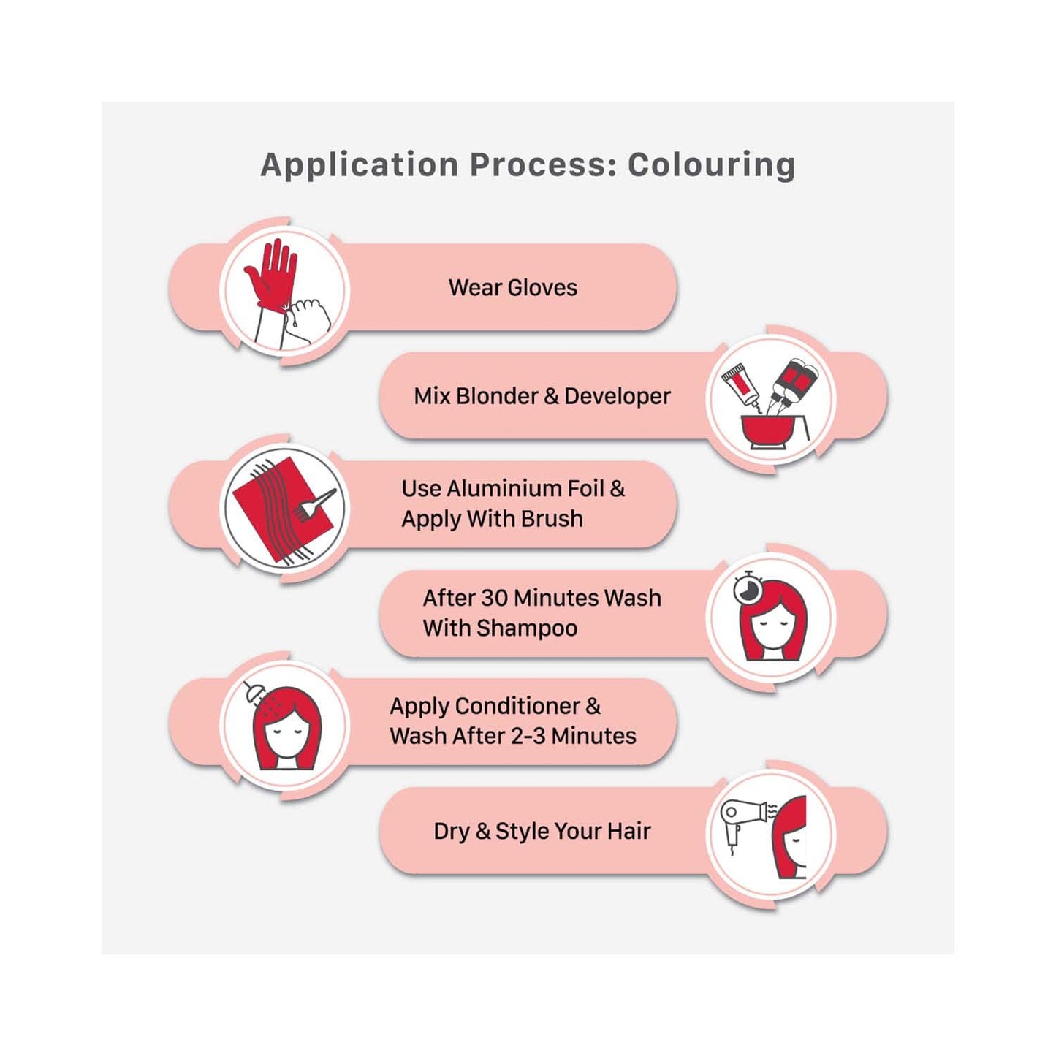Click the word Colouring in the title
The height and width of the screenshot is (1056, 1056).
(x=711, y=165)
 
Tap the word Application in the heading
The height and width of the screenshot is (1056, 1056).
(x=360, y=165)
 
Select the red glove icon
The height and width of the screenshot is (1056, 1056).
(x=272, y=274)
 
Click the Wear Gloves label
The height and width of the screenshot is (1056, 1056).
(x=513, y=288)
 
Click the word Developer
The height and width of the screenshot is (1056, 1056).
(x=617, y=396)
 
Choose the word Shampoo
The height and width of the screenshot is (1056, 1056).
(x=527, y=628)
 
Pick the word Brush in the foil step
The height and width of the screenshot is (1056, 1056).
(x=552, y=519)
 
